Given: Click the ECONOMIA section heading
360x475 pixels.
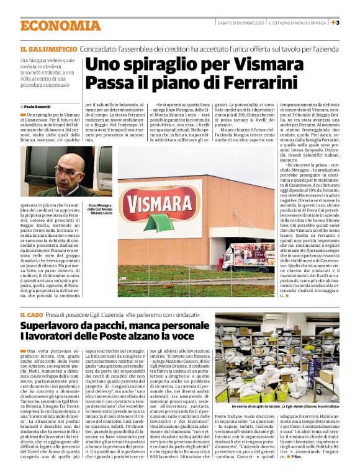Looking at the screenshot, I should point(60,25).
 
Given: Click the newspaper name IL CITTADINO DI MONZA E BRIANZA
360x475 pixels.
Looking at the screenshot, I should point(297,23).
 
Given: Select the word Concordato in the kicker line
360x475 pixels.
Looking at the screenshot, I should point(102,48).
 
